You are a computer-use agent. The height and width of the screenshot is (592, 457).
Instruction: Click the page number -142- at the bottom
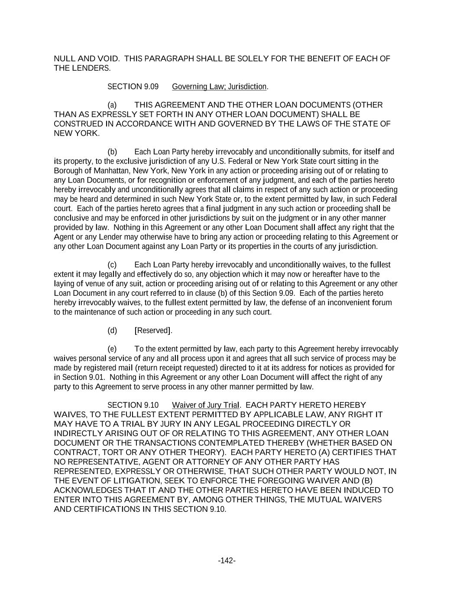click(227, 561)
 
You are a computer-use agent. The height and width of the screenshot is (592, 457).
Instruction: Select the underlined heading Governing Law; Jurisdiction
click(219, 87)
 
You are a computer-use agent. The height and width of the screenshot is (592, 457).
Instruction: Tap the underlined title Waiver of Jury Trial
click(205, 405)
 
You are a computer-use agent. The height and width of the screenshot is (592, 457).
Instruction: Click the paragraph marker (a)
click(112, 105)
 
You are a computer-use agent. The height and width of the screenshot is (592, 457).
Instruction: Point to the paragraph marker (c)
click(112, 265)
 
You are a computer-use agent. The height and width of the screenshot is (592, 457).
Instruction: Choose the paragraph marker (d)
click(112, 330)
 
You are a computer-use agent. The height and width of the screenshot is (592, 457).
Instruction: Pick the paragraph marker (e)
click(112, 349)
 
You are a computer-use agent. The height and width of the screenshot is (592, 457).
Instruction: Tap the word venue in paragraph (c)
click(95, 284)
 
